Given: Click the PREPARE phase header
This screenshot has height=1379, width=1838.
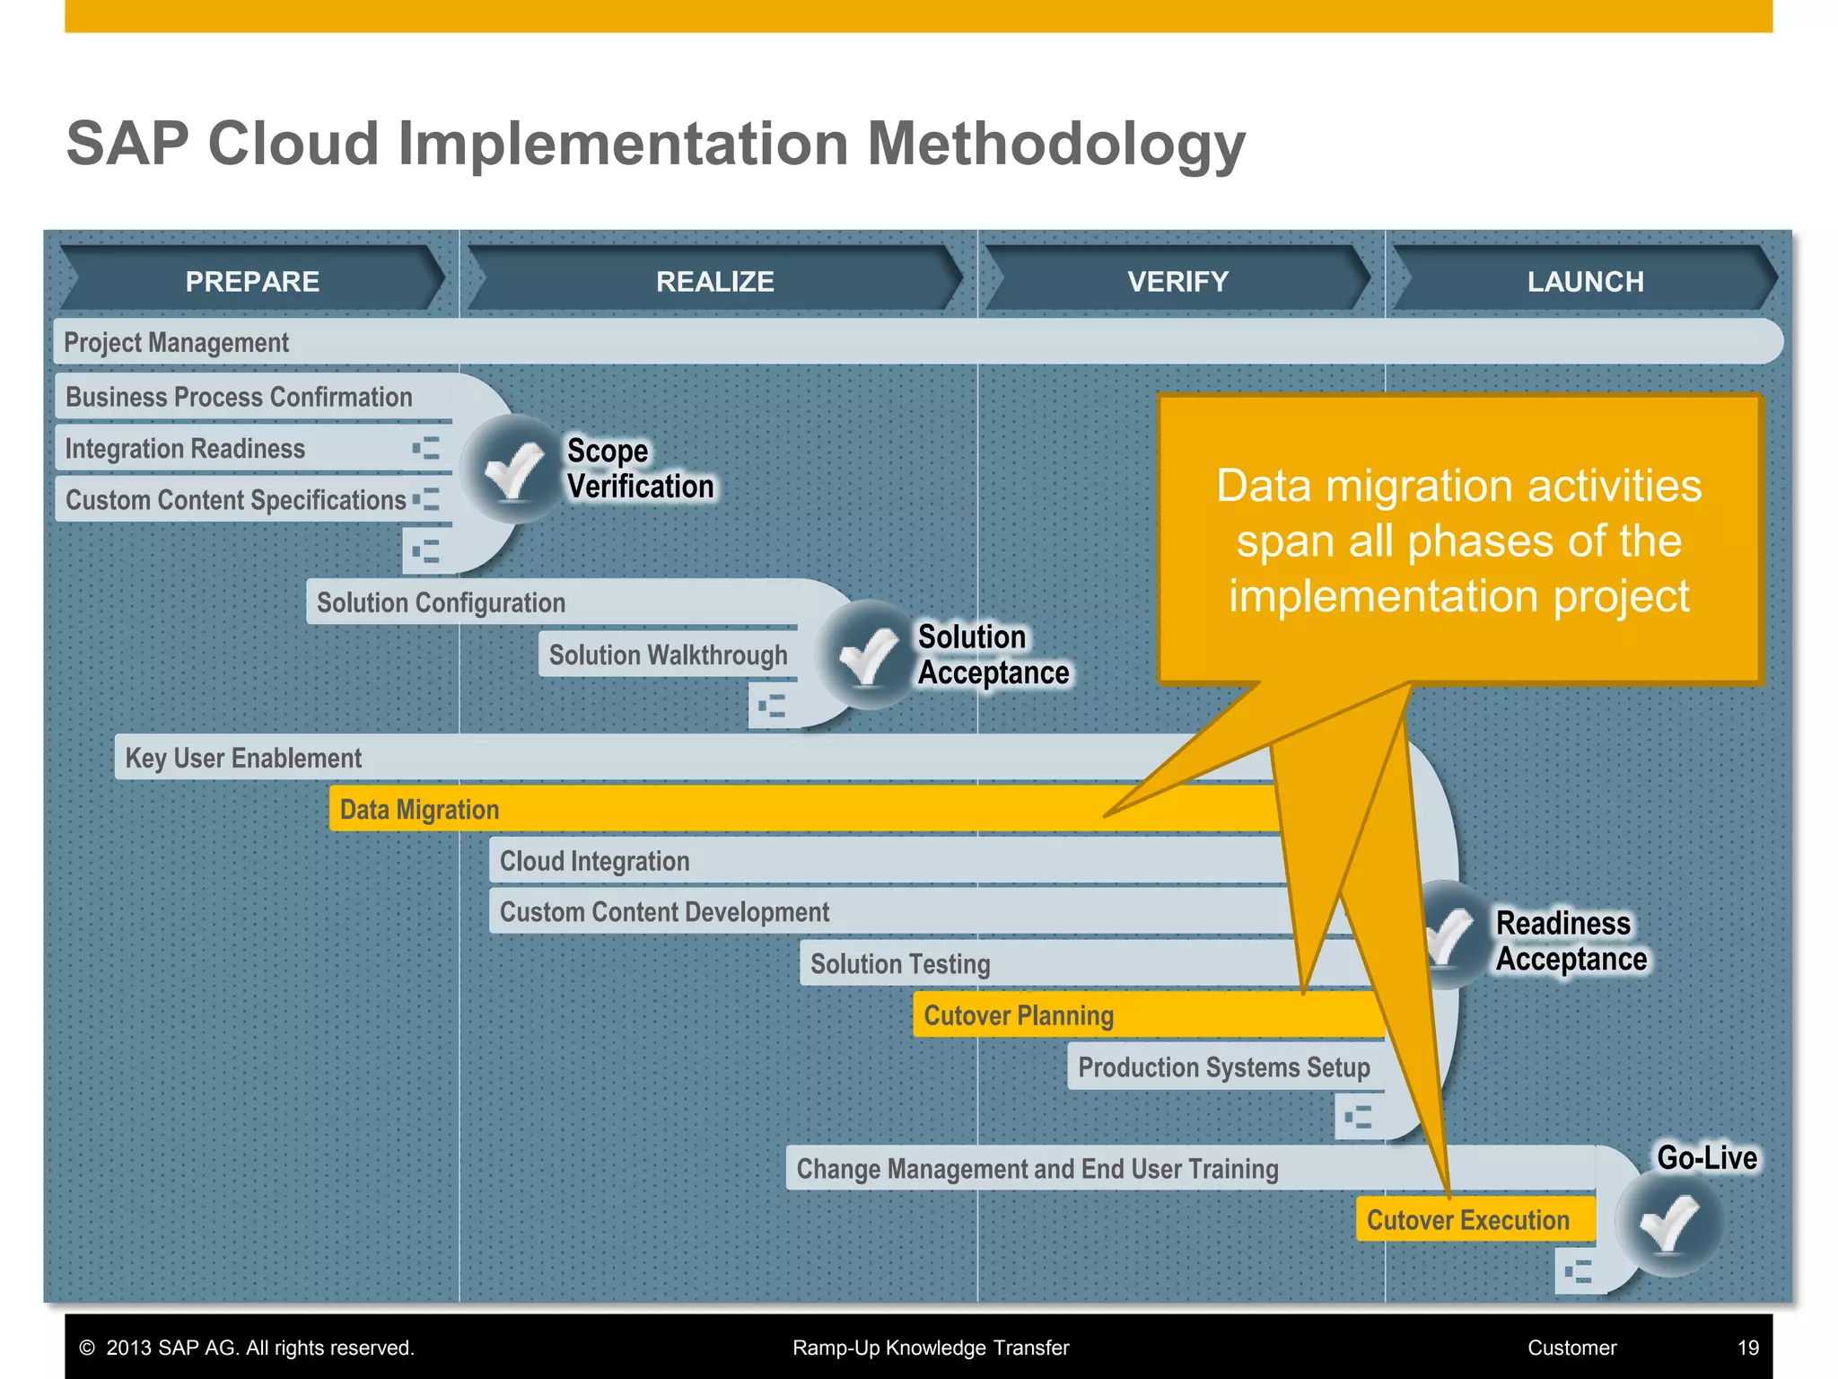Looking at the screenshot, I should pos(252,281).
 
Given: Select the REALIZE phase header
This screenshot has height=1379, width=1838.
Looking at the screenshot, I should pos(714,281).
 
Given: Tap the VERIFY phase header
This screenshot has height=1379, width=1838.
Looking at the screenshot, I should pos(1177,281).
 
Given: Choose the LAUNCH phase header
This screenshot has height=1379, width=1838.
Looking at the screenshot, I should pos(1585,281).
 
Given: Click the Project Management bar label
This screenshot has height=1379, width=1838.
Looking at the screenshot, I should pos(177,342).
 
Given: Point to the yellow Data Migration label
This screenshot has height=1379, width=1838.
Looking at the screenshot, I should pos(419,809).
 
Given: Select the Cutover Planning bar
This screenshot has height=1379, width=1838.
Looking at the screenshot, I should pos(1019,1014).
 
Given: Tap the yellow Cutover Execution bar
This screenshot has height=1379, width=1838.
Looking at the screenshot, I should pos(1468,1219).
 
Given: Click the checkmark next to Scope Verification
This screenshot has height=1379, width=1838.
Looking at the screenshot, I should pos(513,469).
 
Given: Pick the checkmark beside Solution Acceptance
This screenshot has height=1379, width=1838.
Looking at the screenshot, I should pos(868,654).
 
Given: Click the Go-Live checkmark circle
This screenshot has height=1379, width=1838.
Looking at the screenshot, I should pos(1669,1223).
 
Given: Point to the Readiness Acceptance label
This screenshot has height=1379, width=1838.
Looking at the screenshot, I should pos(1571,940).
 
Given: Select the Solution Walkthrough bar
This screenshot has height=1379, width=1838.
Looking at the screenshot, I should pos(668,654).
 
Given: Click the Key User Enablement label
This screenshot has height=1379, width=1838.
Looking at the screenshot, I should pos(243,758).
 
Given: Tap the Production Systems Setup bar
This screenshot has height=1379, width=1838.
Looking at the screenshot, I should pos(1223,1067).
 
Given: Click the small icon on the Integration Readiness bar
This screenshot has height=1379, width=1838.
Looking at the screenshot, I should pos(426,448).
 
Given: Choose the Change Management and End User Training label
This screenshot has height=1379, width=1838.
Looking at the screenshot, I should pos(1037,1168).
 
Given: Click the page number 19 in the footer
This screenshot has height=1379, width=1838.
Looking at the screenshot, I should pos(1747,1348).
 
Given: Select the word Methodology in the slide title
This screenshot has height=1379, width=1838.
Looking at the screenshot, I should pos(1055,144).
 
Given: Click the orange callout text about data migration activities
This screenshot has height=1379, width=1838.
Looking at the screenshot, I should pos(1458,540).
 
